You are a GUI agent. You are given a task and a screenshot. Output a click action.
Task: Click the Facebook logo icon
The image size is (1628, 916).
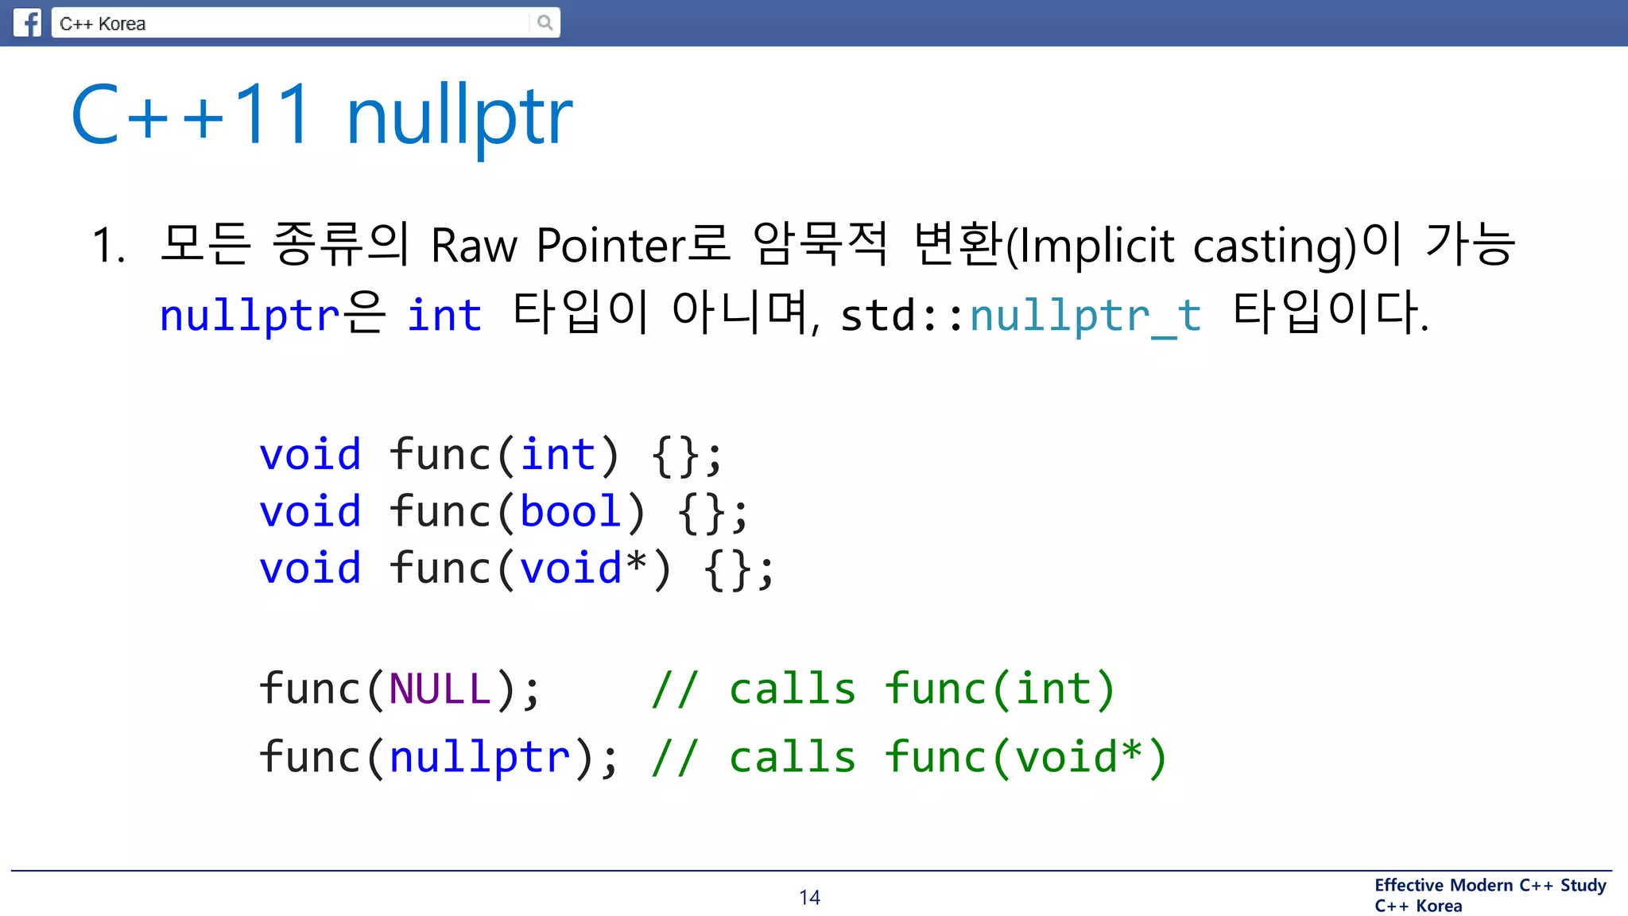coord(28,22)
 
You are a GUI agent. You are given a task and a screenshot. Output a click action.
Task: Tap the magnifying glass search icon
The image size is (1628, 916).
coord(545,22)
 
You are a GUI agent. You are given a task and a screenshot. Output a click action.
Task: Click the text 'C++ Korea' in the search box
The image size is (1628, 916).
coord(103,24)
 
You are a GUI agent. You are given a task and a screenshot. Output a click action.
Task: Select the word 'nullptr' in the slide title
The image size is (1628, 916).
coord(459,116)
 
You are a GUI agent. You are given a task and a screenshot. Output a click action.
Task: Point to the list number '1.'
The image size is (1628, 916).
coord(109,245)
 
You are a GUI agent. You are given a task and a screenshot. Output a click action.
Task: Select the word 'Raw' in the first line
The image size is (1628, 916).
coord(474,245)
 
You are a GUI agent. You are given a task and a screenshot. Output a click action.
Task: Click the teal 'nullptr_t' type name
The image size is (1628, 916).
coord(1085,315)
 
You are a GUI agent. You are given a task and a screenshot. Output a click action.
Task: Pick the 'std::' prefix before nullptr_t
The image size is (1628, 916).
coord(903,316)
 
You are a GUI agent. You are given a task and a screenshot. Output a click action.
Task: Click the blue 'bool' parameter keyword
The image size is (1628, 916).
coord(570,511)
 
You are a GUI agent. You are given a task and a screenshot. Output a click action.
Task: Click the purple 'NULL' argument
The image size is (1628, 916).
coord(440,689)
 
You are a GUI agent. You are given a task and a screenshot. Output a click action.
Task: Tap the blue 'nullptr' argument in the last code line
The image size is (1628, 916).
coord(479,757)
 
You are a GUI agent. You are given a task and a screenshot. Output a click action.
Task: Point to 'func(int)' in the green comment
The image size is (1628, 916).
coord(1000,689)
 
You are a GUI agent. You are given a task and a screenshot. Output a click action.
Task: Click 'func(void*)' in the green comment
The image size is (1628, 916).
coord(1025,757)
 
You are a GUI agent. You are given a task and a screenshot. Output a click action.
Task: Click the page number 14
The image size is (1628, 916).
coord(809,898)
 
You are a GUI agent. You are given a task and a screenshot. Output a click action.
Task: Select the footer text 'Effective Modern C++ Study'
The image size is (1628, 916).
coord(1490,885)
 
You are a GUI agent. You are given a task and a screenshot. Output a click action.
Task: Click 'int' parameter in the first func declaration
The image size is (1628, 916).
coord(557,455)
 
